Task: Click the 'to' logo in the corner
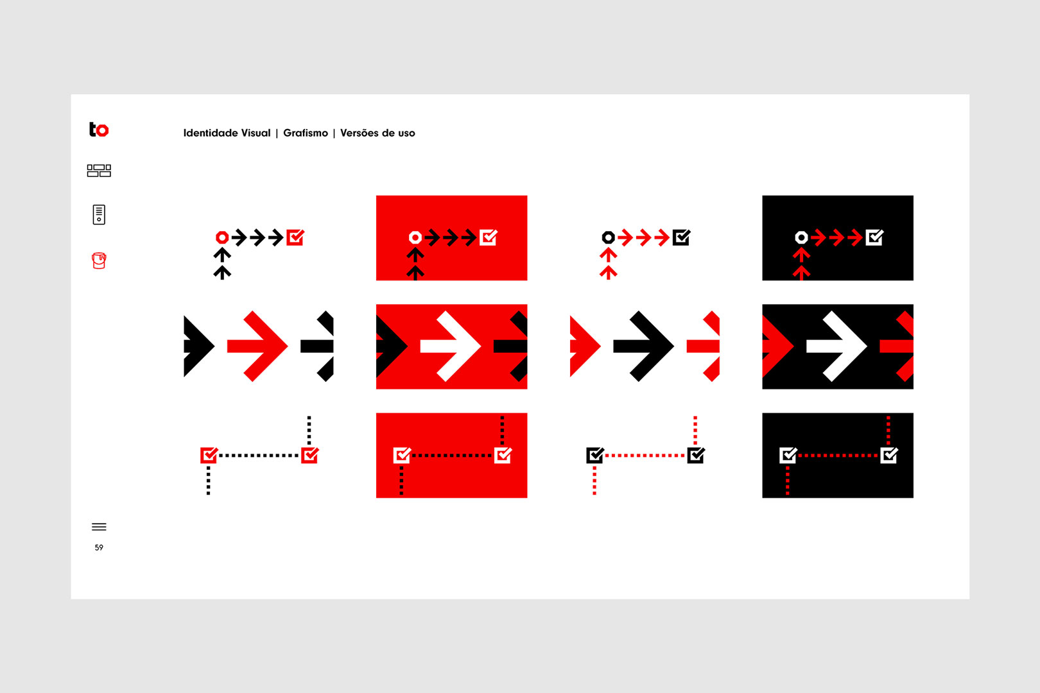tap(99, 130)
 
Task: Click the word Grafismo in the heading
tap(306, 133)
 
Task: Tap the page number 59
tap(99, 548)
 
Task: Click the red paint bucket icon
tap(99, 261)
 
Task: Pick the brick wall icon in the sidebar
tap(99, 170)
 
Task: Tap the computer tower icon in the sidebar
tap(99, 214)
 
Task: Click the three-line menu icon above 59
tap(99, 527)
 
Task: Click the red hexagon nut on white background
tap(222, 237)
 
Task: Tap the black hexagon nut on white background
tap(608, 237)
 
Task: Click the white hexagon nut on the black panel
tap(801, 237)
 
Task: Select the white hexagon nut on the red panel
tap(415, 237)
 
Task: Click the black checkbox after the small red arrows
tap(681, 237)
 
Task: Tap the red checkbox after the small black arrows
tap(295, 237)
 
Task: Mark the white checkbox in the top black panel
tap(874, 237)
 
